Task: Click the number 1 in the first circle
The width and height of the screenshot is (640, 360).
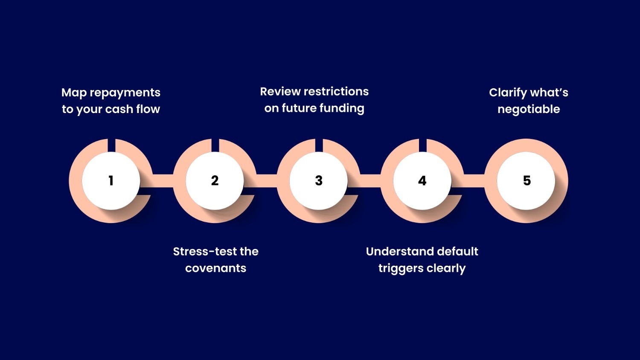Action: point(111,181)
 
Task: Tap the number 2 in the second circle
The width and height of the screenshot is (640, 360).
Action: point(215,181)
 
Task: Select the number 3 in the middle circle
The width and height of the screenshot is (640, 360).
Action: point(319,181)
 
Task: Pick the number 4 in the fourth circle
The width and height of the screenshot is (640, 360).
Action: point(422,181)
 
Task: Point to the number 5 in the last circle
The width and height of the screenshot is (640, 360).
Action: point(527,181)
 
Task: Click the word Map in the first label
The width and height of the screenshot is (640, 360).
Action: point(74,93)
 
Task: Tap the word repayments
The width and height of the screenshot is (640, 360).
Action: point(125,93)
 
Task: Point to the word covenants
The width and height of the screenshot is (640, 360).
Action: point(215,268)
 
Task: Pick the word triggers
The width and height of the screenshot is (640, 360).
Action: point(399,269)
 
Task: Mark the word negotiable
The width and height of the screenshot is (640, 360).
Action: point(529,110)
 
